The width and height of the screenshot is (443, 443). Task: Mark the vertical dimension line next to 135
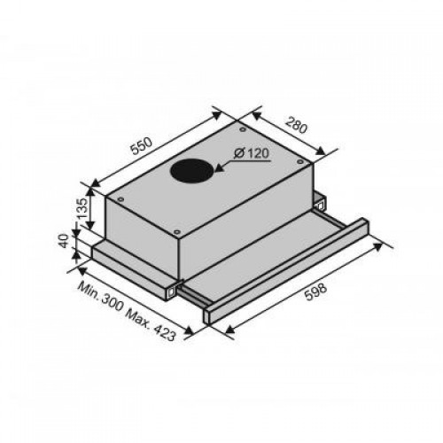(x=89, y=209)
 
